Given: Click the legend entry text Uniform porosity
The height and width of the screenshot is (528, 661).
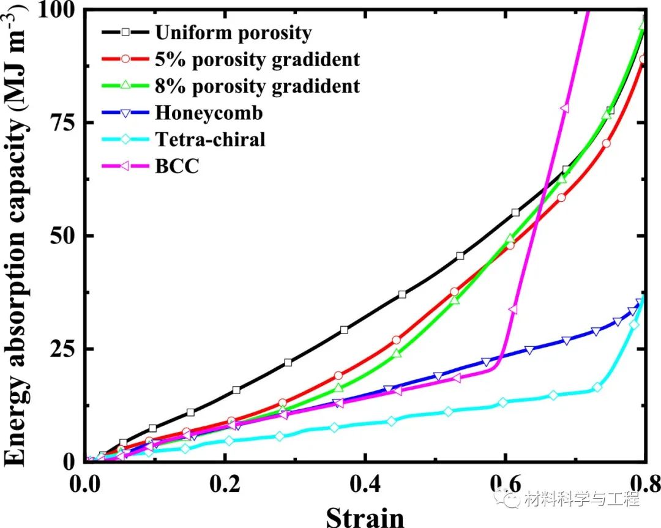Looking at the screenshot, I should coord(233,32).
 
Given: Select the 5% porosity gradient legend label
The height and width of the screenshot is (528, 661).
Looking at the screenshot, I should coord(257,59).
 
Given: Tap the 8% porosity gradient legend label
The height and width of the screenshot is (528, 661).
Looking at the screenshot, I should coord(257,86).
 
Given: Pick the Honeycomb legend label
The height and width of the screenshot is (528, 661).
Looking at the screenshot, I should coord(209,113).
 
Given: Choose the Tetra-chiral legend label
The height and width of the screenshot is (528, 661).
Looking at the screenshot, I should coord(211,139).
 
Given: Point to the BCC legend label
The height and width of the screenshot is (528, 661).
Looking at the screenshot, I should coord(177,166).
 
